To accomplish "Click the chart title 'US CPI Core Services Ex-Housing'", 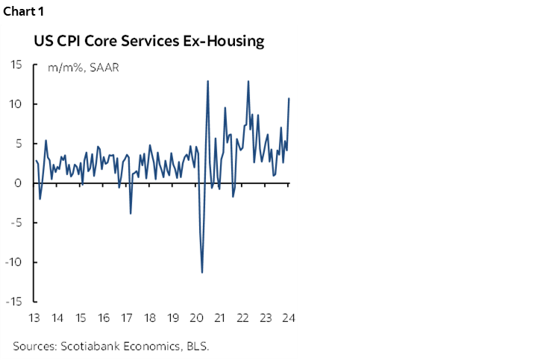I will [x=148, y=41].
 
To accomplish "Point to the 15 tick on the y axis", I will [x=16, y=64].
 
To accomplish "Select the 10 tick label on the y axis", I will [x=16, y=104].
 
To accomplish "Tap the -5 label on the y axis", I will [x=16, y=223].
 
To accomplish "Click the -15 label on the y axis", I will [x=15, y=302].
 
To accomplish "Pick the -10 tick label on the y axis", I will [x=15, y=262].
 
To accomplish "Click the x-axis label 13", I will [x=34, y=318].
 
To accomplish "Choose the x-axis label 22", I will [x=242, y=318].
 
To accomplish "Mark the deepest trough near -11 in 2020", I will [x=202, y=272].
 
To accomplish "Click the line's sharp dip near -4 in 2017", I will [x=131, y=214].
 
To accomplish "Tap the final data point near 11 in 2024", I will [x=289, y=98].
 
